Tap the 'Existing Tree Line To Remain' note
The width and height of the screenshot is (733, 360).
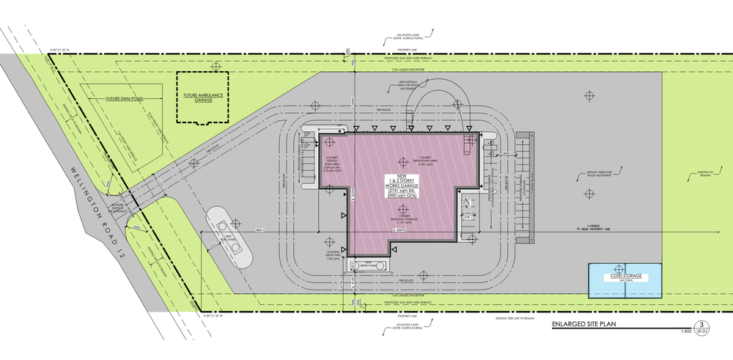[498, 317]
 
